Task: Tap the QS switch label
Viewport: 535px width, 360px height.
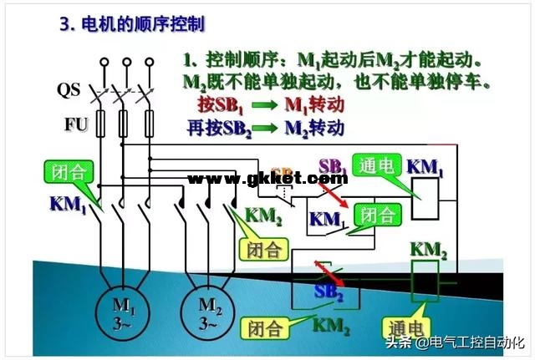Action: click(x=69, y=89)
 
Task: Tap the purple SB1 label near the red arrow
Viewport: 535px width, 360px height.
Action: click(x=334, y=166)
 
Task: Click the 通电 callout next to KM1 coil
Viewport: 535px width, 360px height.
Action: click(x=373, y=165)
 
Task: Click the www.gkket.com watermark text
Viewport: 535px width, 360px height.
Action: click(x=267, y=179)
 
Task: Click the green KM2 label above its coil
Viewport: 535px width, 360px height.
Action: click(x=429, y=248)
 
